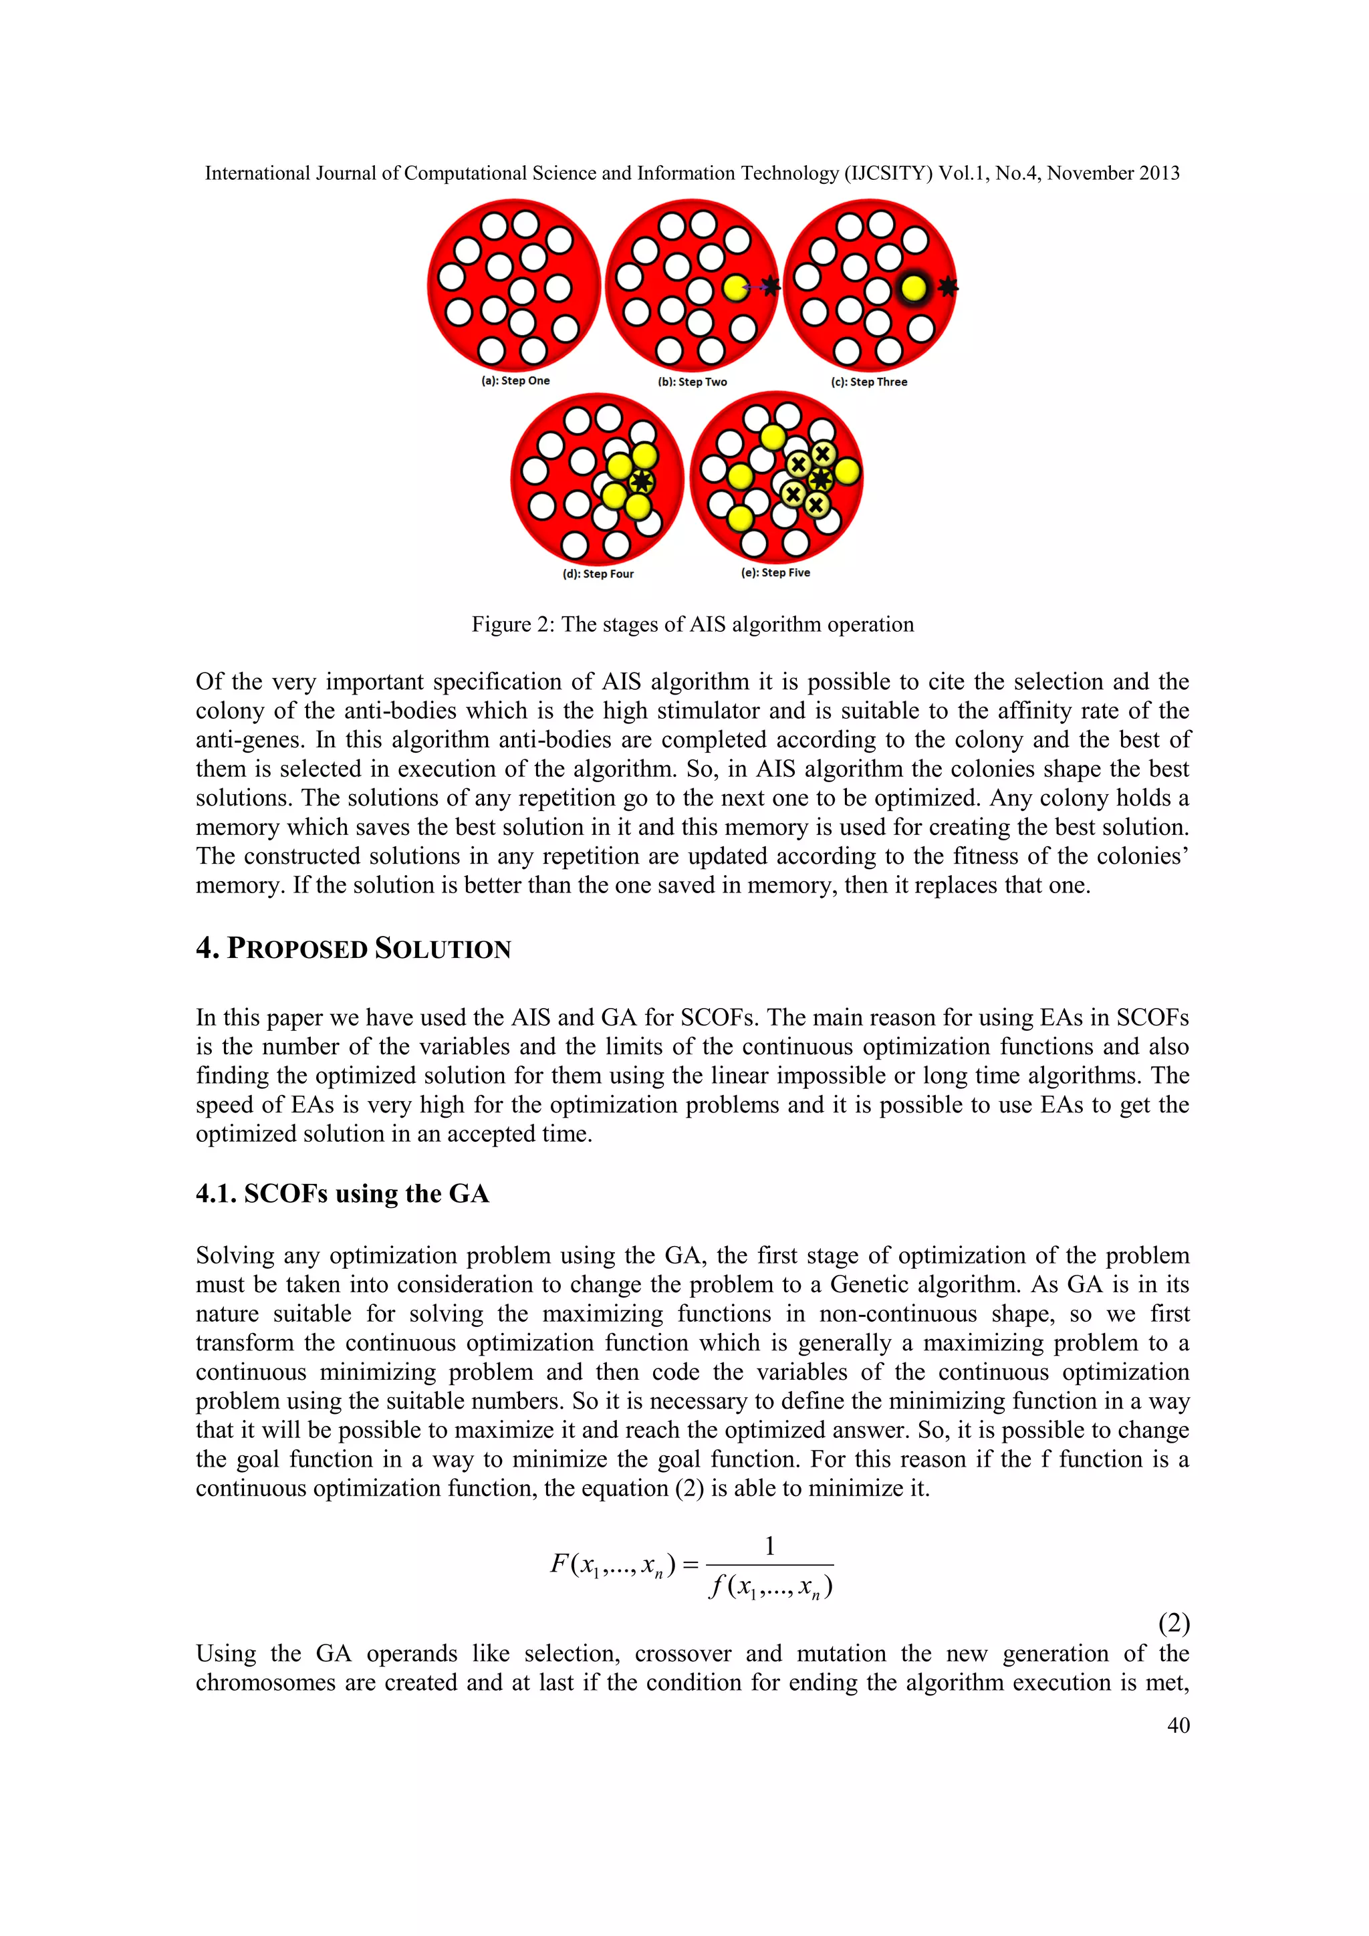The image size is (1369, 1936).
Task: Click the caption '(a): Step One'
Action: tap(515, 381)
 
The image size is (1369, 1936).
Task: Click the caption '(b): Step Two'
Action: tap(692, 382)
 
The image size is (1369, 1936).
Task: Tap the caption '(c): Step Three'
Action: tap(869, 382)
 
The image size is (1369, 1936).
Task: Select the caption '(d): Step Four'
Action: tap(598, 574)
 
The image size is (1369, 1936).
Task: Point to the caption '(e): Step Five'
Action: tap(775, 572)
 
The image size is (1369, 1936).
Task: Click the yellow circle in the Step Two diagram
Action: tap(735, 288)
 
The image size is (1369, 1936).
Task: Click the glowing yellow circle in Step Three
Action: tap(913, 288)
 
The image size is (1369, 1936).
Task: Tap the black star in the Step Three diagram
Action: tap(949, 287)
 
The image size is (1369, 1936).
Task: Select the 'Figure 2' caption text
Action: tap(692, 625)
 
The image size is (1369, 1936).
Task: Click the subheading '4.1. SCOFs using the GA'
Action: tap(342, 1194)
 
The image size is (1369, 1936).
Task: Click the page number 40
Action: tap(1178, 1725)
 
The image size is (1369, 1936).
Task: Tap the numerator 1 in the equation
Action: tap(769, 1546)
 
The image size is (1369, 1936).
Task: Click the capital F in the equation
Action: tap(559, 1564)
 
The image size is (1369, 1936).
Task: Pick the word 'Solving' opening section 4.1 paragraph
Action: tap(233, 1255)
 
